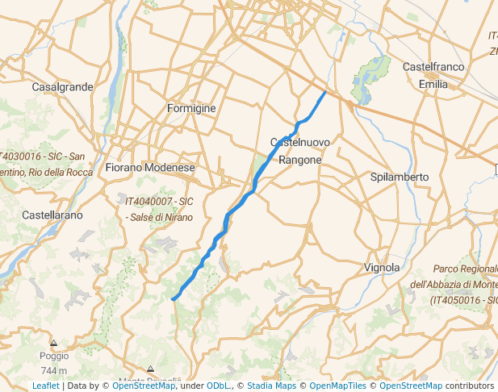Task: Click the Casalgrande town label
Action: [62, 86]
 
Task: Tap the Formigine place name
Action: [190, 108]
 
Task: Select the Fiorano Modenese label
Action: [150, 168]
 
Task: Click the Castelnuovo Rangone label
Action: [299, 151]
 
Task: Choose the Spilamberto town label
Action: [400, 177]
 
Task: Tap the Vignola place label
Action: [382, 267]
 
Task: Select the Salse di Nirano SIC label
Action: [159, 209]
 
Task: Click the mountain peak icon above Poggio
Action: [54, 343]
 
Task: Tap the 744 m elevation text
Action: [54, 370]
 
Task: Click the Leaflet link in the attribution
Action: [46, 386]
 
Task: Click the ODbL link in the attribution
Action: [218, 386]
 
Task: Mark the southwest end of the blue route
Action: [173, 299]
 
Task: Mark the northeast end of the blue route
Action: [325, 92]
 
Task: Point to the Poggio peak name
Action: [54, 356]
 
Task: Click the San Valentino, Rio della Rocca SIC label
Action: [44, 164]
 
